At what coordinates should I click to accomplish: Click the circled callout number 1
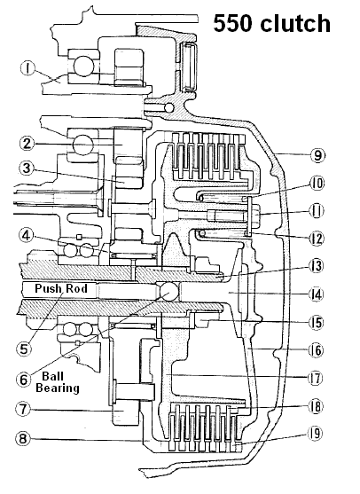coord(28,69)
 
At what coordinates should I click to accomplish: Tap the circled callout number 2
coord(27,144)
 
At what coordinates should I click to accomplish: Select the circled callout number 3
coord(27,169)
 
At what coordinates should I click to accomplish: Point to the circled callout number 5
coord(24,349)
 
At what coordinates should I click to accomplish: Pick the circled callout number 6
coord(24,379)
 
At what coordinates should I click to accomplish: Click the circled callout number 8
coord(23,438)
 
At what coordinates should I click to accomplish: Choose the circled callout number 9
coord(317,155)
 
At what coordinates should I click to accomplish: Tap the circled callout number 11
coord(316,211)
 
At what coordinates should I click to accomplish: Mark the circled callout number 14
coord(316,294)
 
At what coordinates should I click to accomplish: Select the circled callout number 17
coord(316,378)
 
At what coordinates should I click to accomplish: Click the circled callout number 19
coord(316,434)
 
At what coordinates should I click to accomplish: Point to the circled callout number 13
coord(316,266)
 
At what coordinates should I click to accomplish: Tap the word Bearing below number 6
coord(58,388)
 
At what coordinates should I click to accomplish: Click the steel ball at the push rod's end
coord(169,292)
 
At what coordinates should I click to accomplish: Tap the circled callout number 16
coord(316,350)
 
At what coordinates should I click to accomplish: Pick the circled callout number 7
coord(23,409)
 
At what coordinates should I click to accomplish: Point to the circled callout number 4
coord(27,236)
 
